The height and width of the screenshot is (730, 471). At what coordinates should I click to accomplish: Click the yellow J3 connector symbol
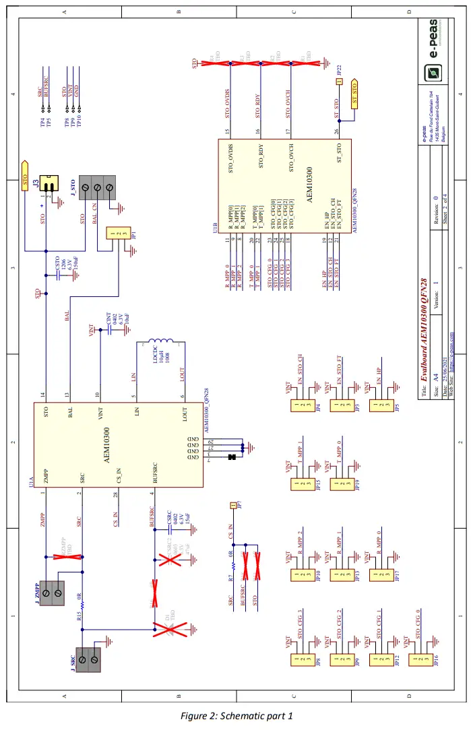coord(49,183)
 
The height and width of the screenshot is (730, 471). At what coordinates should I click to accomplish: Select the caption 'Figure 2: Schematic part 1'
coord(236,715)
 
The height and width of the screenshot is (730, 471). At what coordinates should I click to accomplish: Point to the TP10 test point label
coord(79,121)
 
